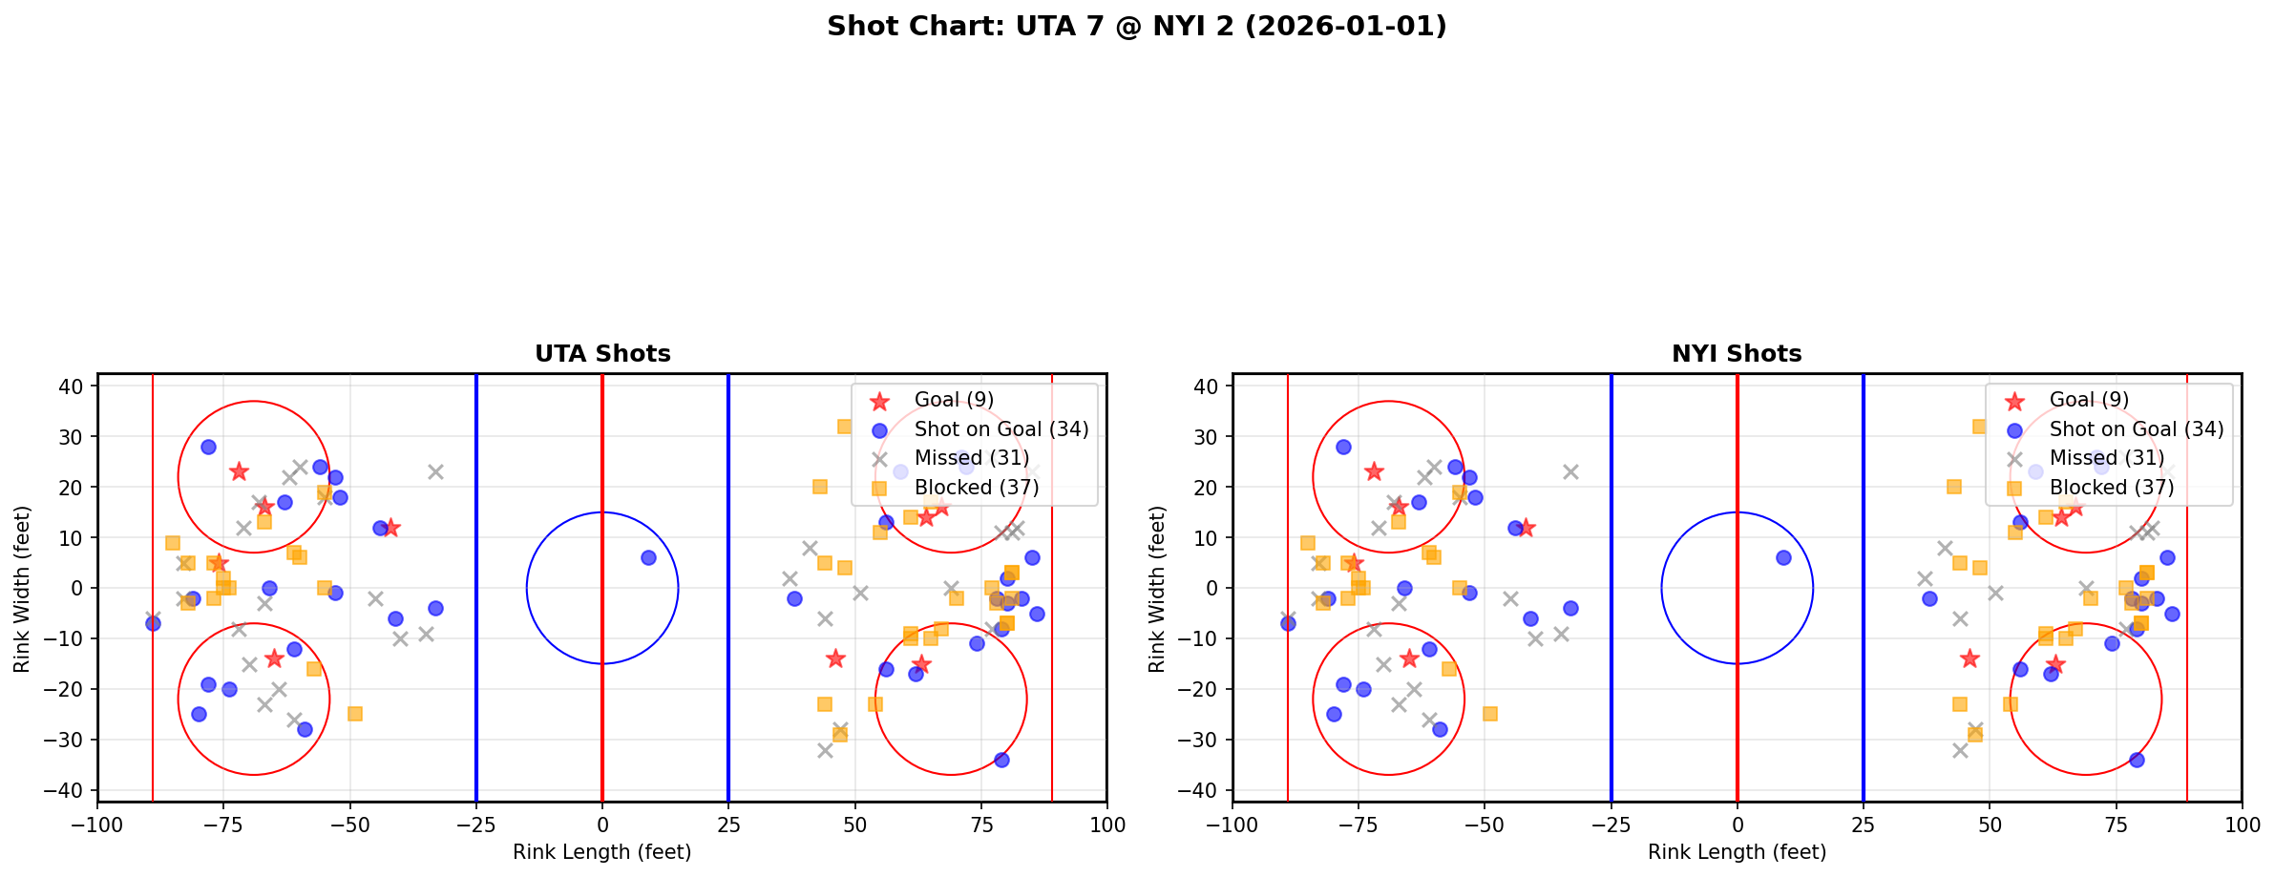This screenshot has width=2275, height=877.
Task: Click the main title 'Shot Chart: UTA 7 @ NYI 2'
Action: click(1136, 27)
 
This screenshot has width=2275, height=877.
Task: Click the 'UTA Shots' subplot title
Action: click(602, 354)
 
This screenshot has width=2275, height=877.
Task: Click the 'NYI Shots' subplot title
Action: click(1737, 354)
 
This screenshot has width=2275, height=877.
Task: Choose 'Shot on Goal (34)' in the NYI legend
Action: click(2137, 429)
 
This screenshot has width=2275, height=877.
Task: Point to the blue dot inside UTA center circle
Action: click(648, 557)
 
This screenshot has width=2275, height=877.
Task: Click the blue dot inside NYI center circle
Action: click(1783, 557)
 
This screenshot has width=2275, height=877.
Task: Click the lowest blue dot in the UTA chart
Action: click(1001, 760)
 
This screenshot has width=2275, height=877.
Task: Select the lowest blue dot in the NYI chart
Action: click(2137, 760)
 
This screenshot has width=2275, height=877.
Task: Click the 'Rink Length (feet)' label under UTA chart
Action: click(602, 852)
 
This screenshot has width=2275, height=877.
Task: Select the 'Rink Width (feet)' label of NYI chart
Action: click(1157, 588)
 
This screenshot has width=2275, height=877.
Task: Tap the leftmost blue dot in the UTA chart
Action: click(153, 623)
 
